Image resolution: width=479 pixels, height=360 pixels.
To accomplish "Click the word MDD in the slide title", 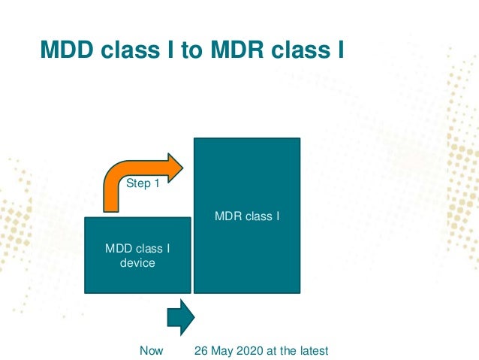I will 65,50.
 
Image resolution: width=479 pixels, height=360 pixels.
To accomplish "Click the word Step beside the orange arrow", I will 138,183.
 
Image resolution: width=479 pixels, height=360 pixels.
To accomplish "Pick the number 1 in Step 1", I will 157,183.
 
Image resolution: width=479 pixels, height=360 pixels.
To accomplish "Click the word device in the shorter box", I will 137,263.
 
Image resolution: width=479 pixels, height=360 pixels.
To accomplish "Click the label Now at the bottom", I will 152,351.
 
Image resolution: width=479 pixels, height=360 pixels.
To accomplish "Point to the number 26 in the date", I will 200,351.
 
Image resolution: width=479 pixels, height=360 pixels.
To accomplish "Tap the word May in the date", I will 221,351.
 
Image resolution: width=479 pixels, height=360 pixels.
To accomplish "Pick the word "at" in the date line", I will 272,351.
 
